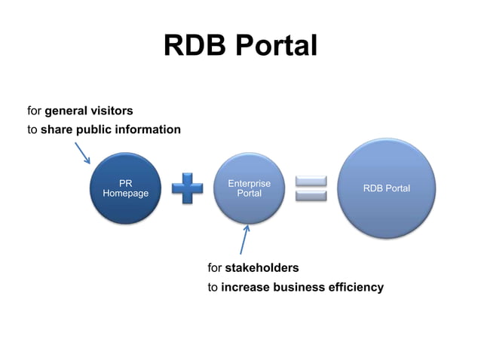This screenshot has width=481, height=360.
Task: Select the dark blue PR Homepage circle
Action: tap(125, 188)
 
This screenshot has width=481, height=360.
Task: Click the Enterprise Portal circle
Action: tap(249, 189)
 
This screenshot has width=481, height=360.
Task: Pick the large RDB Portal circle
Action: tap(386, 188)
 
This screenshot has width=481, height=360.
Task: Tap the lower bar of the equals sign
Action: tap(311, 196)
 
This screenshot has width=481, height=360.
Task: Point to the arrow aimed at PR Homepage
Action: tap(81, 152)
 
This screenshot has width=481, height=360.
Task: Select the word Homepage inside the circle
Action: tap(125, 194)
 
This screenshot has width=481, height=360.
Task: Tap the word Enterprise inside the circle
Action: tap(249, 184)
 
